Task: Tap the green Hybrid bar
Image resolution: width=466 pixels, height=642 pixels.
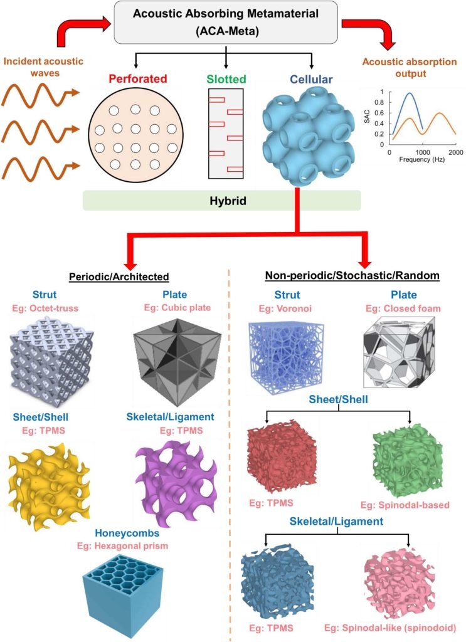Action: click(222, 200)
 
